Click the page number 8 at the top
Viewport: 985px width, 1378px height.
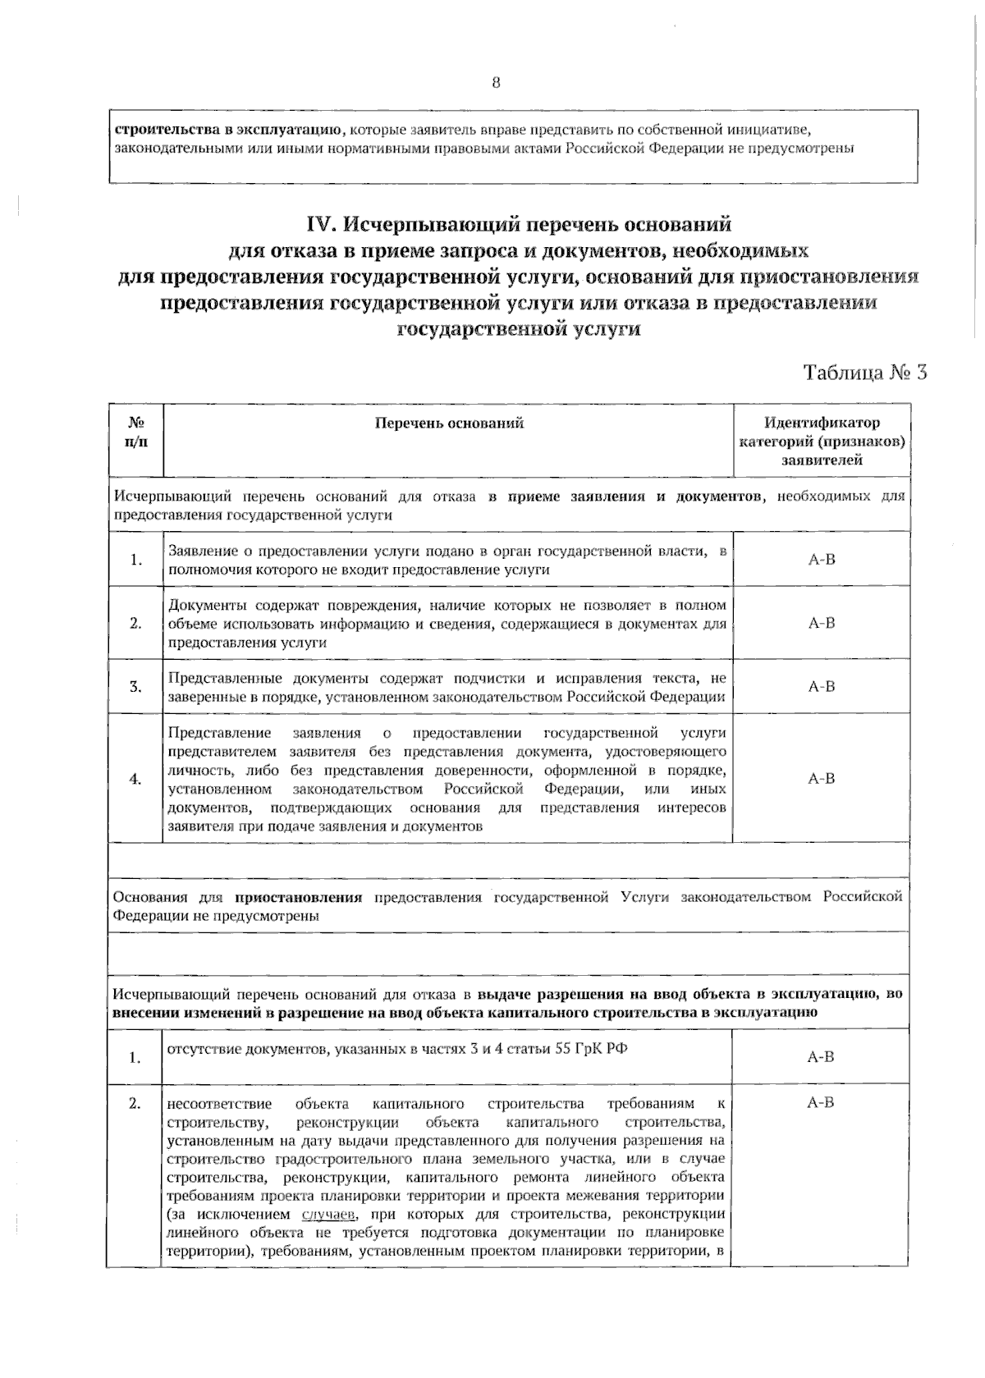pyautogui.click(x=496, y=82)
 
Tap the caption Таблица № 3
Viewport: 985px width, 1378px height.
pyautogui.click(x=865, y=372)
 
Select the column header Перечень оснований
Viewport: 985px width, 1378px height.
pyautogui.click(x=449, y=423)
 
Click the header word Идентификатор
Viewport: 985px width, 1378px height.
pyautogui.click(x=822, y=423)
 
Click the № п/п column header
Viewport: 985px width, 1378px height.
pyautogui.click(x=136, y=433)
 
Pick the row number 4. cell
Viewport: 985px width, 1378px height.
pyautogui.click(x=136, y=779)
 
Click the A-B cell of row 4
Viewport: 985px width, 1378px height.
pyautogui.click(x=822, y=778)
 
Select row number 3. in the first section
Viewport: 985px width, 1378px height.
pyautogui.click(x=136, y=687)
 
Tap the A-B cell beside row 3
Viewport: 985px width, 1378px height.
pyautogui.click(x=822, y=686)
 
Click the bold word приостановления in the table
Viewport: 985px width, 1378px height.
pyautogui.click(x=299, y=897)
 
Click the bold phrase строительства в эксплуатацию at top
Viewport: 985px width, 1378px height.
pyautogui.click(x=226, y=130)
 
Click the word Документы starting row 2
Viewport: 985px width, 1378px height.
pyautogui.click(x=203, y=606)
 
